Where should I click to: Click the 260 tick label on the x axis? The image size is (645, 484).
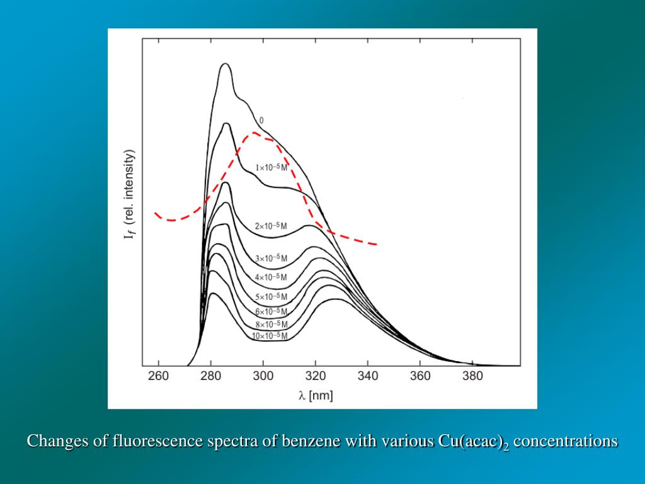tap(158, 376)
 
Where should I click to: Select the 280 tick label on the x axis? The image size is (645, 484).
tap(210, 376)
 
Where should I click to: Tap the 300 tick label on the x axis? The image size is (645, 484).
tap(263, 376)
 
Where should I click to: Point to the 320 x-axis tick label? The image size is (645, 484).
tap(316, 376)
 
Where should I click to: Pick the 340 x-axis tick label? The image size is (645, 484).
tap(368, 376)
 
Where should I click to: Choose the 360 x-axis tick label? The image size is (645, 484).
tap(420, 376)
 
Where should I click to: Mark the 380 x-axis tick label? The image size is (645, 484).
tap(472, 376)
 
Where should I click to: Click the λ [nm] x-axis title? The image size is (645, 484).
tap(316, 396)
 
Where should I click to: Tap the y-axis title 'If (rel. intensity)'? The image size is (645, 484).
tap(130, 194)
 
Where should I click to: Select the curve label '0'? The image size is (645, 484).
tap(261, 120)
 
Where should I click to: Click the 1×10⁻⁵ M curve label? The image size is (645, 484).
tap(271, 168)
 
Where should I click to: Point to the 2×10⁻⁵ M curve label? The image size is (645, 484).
tap(271, 226)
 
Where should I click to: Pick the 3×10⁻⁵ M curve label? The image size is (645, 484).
tap(271, 258)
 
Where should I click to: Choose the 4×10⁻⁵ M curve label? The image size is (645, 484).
tap(271, 277)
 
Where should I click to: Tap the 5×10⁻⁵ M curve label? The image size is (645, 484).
tap(271, 297)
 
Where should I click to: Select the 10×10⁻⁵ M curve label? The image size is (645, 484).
tap(270, 336)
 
